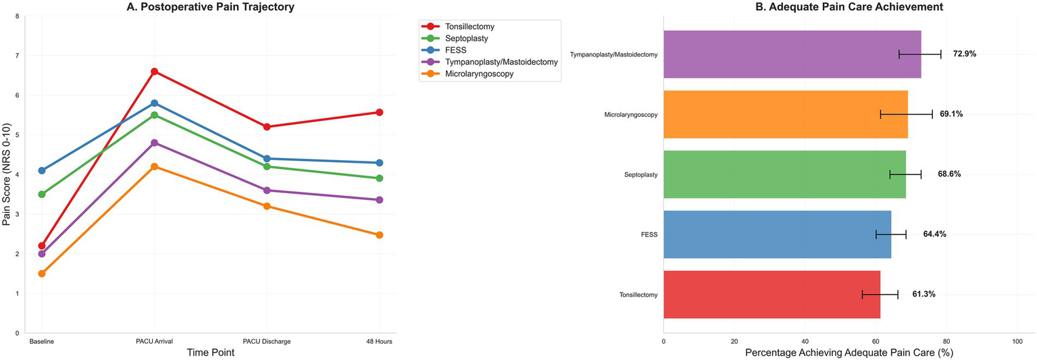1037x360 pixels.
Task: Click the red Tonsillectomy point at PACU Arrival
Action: pyautogui.click(x=154, y=72)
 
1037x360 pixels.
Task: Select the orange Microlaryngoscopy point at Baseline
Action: pyautogui.click(x=42, y=274)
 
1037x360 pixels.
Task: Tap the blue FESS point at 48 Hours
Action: pyautogui.click(x=379, y=163)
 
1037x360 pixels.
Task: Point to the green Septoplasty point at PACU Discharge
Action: pyautogui.click(x=267, y=167)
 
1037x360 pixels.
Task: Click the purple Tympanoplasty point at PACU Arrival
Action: pyautogui.click(x=154, y=143)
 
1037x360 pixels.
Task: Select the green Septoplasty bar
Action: pyautogui.click(x=784, y=174)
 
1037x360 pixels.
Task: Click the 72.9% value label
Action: pyautogui.click(x=964, y=54)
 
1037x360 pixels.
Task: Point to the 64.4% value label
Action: pyautogui.click(x=934, y=234)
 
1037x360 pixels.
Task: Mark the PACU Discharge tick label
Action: pyautogui.click(x=267, y=342)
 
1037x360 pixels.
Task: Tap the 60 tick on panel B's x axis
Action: pyautogui.click(x=876, y=342)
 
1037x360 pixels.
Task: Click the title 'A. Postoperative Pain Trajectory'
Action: pyautogui.click(x=209, y=7)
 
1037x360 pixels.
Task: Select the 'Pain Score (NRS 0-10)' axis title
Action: pyautogui.click(x=7, y=174)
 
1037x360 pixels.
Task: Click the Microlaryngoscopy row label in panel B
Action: pyautogui.click(x=630, y=115)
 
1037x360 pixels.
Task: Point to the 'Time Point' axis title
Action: pyautogui.click(x=209, y=353)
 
